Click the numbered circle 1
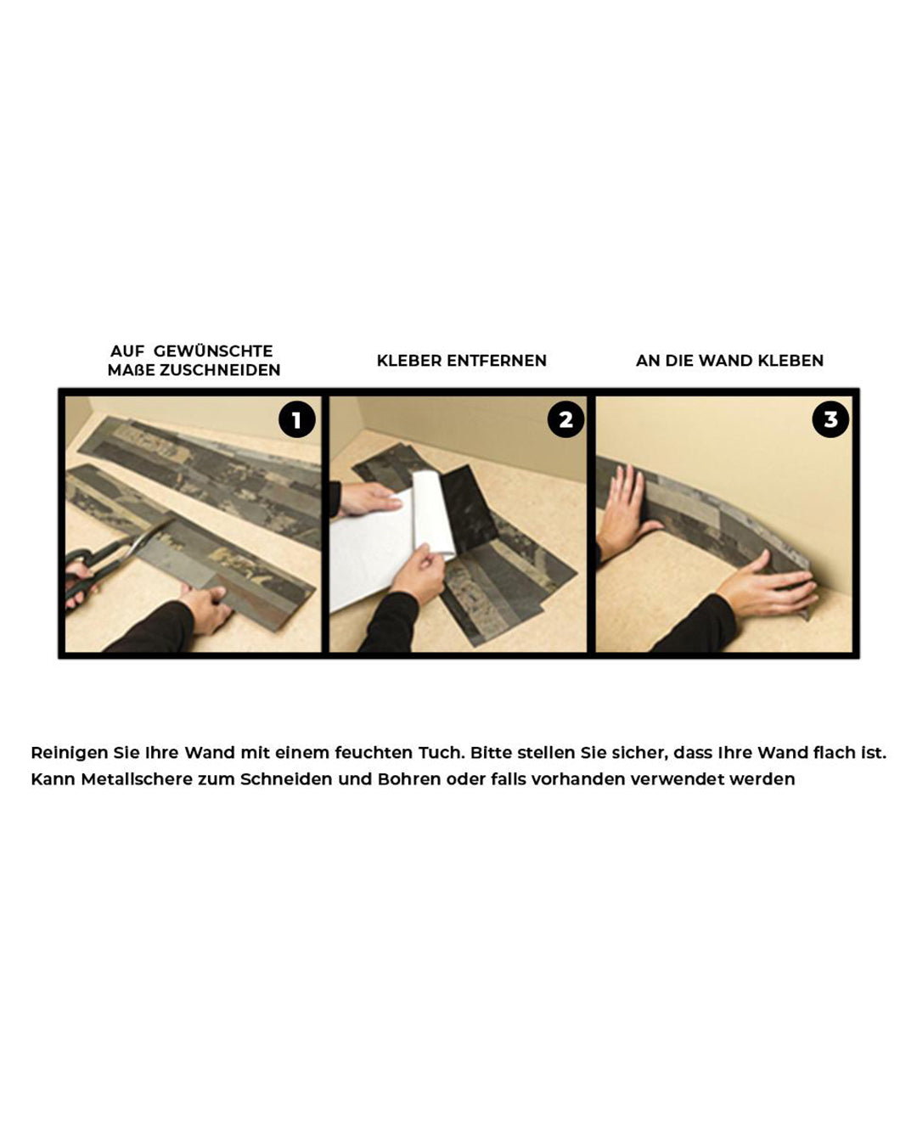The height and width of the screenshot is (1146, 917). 297,419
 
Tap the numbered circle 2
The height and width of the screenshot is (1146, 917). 565,419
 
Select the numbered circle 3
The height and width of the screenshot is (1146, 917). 830,419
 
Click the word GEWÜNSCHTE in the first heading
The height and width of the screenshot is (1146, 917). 213,351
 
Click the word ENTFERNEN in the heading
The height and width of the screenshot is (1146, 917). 497,361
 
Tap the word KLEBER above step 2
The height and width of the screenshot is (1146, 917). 409,361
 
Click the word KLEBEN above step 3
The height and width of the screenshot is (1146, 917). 790,361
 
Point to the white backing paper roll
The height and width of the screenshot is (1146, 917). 434,514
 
